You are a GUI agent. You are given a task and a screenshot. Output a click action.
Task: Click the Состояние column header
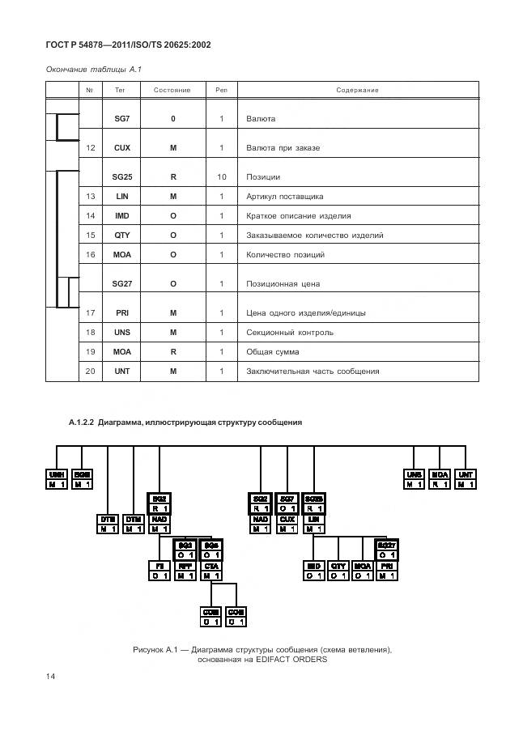(172, 90)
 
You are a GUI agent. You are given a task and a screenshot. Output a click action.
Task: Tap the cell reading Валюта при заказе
(283, 148)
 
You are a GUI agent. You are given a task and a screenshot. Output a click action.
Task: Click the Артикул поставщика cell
(284, 197)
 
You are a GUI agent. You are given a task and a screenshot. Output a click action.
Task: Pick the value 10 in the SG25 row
(221, 176)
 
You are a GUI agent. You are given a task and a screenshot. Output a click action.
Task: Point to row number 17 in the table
(91, 312)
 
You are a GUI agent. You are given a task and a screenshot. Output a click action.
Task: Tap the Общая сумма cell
(272, 352)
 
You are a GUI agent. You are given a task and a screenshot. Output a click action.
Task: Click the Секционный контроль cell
(289, 333)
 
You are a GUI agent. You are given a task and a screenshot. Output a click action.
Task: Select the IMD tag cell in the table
(122, 216)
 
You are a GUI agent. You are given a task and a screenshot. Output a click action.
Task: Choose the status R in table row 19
(172, 352)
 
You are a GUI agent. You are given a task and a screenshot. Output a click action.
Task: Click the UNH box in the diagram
(56, 474)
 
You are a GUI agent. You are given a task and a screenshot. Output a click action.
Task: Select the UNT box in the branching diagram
(466, 474)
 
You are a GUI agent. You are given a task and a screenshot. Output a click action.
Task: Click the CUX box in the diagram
(287, 519)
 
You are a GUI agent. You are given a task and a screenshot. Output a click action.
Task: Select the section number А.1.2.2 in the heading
(82, 423)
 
